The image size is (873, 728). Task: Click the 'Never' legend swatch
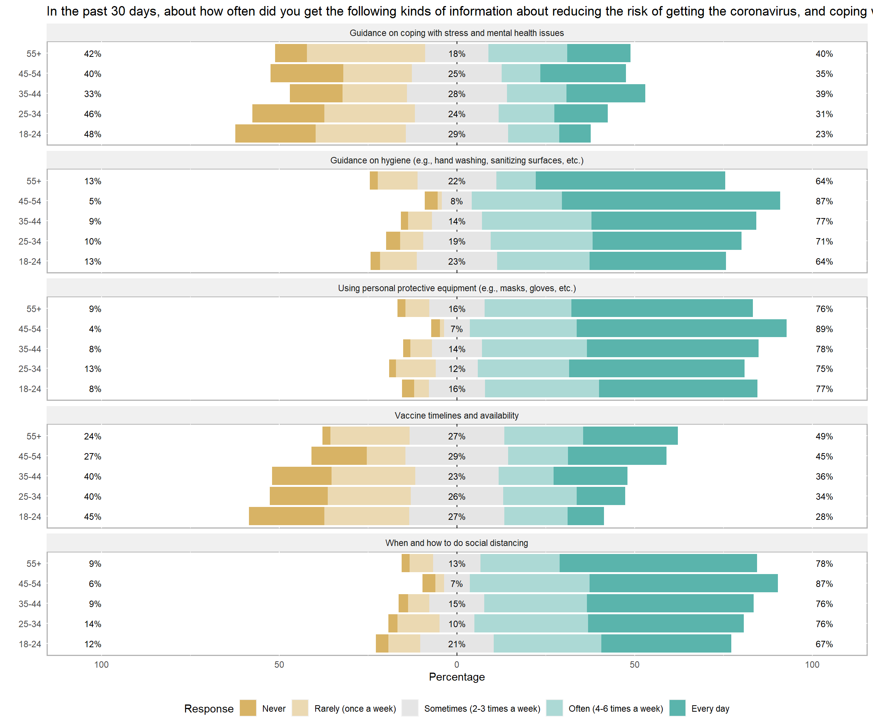248,708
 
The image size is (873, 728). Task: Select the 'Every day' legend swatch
677,708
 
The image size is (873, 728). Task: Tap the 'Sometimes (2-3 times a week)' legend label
482,708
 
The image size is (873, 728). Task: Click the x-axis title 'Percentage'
457,677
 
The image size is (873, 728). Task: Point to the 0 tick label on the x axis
457,664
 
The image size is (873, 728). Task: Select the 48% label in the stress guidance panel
92,134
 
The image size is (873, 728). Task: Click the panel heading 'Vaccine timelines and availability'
457,415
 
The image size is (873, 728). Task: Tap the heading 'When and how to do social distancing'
457,543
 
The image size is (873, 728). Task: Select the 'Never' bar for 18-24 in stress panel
275,133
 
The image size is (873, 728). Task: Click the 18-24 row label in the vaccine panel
30,517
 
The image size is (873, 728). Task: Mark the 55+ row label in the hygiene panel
34,181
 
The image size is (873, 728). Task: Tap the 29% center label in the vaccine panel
457,457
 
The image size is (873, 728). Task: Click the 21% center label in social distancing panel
457,644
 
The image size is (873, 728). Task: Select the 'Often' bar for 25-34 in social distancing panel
531,624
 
